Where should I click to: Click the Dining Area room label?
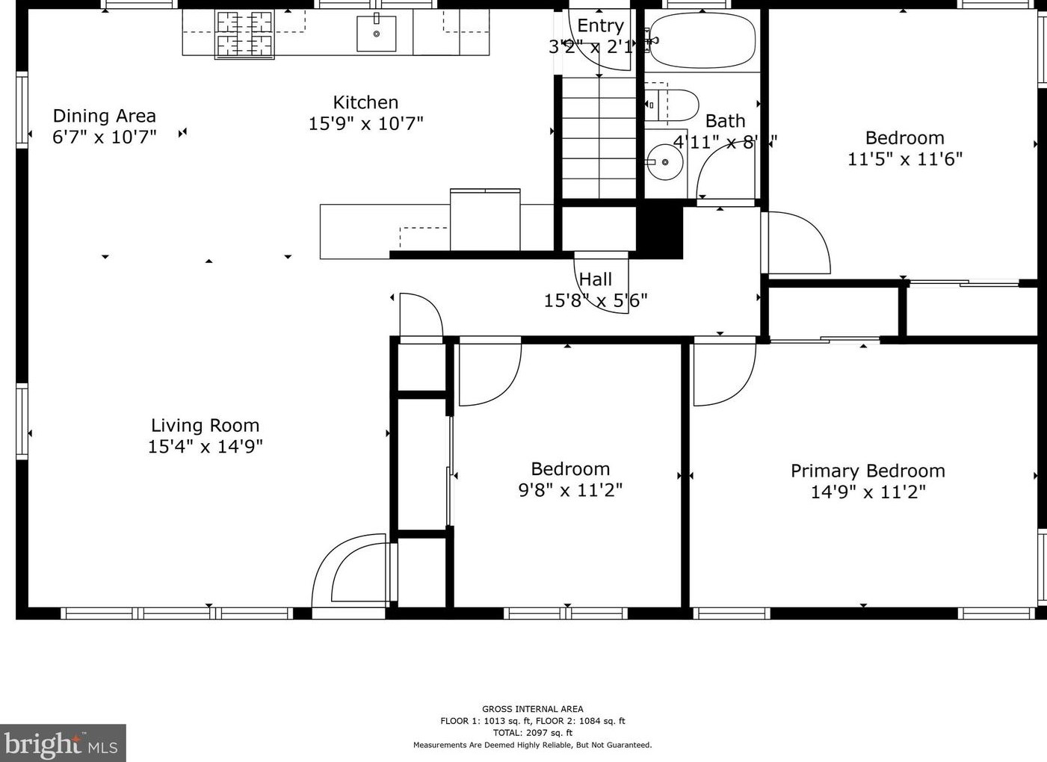coord(104,116)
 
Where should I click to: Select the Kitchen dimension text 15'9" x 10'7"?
coord(365,123)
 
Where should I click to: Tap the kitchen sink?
coord(376,34)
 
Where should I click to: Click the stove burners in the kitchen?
coord(244,34)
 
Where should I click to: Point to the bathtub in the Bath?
coord(702,41)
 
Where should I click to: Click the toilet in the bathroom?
coord(673,105)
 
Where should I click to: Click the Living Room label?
coord(205,425)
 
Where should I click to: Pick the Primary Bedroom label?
coord(868,471)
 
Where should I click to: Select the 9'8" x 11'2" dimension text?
coord(570,490)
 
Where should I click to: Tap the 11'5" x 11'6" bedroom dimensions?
coord(904,159)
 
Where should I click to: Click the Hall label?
coord(596,279)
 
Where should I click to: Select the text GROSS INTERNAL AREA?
coord(532,709)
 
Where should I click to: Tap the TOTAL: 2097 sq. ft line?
coord(532,733)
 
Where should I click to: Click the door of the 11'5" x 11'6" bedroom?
coord(797,244)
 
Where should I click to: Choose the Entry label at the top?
coord(600,25)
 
